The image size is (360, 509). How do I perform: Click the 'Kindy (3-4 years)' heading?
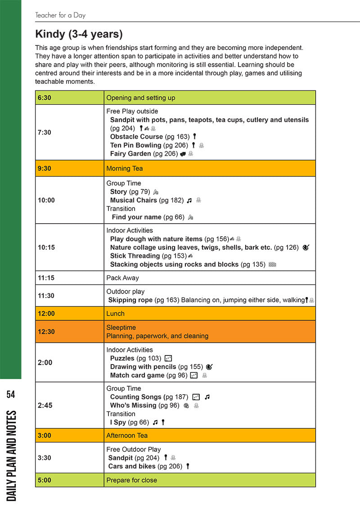(x=79, y=34)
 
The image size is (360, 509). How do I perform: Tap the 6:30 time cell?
(x=44, y=98)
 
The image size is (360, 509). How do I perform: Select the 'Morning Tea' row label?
(x=124, y=169)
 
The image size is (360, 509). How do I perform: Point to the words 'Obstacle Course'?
(x=136, y=137)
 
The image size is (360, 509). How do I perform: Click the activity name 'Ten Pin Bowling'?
(x=135, y=145)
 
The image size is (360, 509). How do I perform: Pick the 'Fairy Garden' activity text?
(x=130, y=154)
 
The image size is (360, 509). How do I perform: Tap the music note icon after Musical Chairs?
(x=189, y=200)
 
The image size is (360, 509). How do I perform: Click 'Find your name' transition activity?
(x=136, y=217)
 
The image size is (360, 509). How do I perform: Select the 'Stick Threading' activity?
(x=135, y=256)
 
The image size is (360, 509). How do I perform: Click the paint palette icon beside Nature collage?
(x=306, y=248)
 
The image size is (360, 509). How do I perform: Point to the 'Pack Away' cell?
(x=122, y=278)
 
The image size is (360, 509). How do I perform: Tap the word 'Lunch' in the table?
(x=115, y=314)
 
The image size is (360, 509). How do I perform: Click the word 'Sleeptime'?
(x=121, y=328)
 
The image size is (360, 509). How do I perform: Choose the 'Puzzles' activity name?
(x=122, y=359)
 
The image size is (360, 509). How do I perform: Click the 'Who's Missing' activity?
(x=133, y=405)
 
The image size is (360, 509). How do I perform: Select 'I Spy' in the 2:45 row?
(x=118, y=423)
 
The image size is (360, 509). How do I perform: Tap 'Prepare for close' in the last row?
(x=131, y=480)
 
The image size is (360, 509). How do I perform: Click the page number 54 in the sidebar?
(x=11, y=395)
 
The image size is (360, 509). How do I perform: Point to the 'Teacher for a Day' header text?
(x=60, y=15)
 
